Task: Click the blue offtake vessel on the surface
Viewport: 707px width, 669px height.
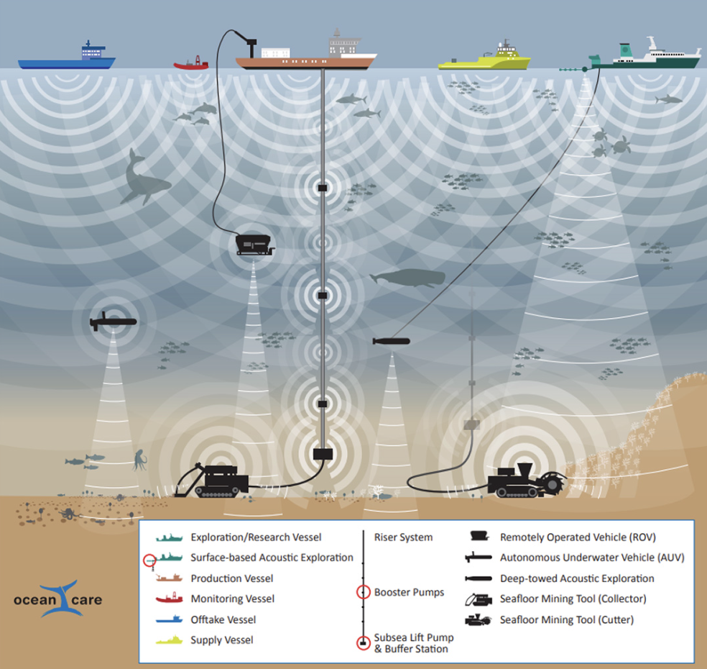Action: coord(67,58)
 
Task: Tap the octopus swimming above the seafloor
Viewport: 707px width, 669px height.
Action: coord(138,458)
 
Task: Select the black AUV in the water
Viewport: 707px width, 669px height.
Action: coord(112,322)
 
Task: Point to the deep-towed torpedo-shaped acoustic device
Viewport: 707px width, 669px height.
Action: coord(391,341)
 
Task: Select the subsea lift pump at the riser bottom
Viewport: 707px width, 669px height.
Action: coord(323,454)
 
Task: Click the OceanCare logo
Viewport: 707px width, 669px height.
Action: coord(57,598)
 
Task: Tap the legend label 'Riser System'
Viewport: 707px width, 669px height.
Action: coord(403,537)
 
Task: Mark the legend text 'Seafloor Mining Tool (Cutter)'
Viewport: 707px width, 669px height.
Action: coord(567,619)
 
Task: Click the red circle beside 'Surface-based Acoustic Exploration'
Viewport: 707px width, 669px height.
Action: coord(149,560)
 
